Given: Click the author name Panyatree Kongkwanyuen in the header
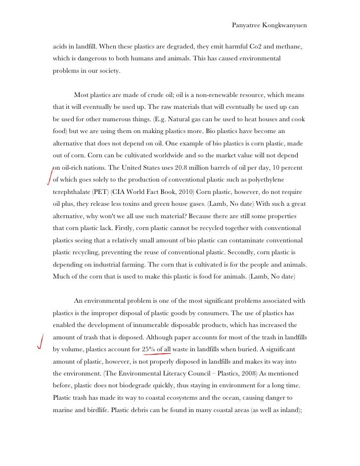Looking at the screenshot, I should (269, 25).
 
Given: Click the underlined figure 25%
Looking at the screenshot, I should (148, 349).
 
